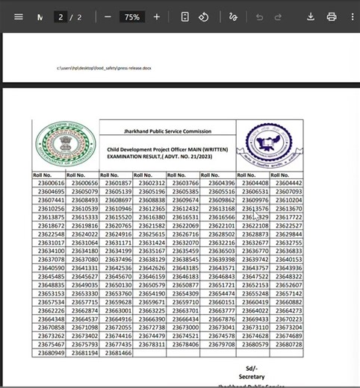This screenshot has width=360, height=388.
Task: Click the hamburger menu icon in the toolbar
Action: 19,16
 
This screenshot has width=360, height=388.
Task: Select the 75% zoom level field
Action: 131,16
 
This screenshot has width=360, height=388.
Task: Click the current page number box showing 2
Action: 60,16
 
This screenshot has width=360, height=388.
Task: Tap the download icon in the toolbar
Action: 311,16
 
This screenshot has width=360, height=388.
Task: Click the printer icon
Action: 332,16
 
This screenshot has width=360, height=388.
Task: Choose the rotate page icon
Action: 203,16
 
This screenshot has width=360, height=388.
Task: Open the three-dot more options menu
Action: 352,16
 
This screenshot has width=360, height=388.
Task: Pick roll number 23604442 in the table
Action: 288,184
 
